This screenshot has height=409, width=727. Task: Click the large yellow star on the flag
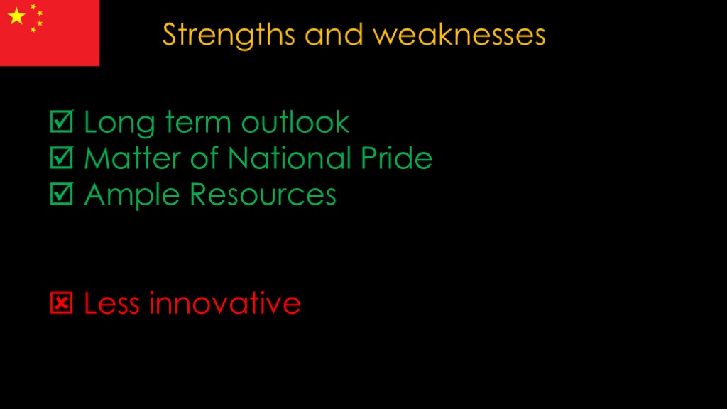point(17,16)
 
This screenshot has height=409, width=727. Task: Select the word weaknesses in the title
point(459,36)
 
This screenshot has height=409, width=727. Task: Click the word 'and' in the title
point(334,36)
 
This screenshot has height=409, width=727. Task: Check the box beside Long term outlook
point(62,121)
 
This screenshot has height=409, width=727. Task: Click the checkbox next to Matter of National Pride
point(62,158)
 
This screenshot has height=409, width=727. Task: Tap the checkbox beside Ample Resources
point(62,194)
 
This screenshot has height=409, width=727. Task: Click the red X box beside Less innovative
point(61,302)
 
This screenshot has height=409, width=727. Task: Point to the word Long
point(119,124)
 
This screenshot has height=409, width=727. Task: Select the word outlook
point(295,122)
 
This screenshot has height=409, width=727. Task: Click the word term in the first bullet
point(198,123)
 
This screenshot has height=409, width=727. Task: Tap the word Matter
point(133,158)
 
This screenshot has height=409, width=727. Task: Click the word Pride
point(396,158)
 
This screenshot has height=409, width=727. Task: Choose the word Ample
point(131,195)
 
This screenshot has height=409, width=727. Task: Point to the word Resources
point(263,195)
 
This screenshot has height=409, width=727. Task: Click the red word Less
point(111,303)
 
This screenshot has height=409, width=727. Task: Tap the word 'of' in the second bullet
point(204,158)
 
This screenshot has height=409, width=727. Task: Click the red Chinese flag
point(50,33)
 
